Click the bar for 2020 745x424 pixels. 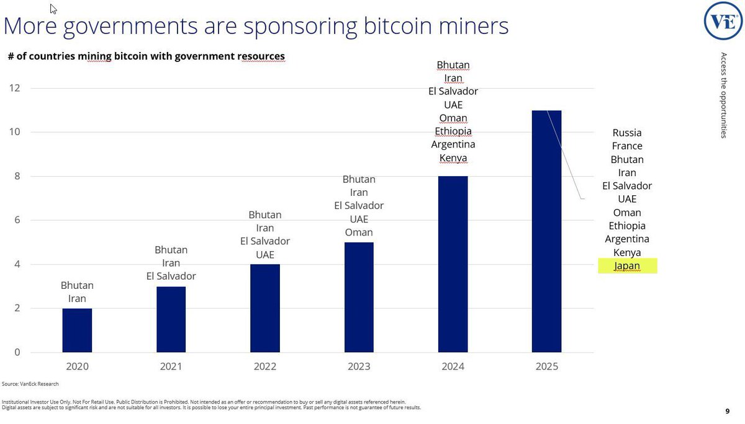click(x=77, y=330)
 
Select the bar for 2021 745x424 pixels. click(x=171, y=319)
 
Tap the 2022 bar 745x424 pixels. click(x=265, y=308)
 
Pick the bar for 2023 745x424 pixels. click(x=359, y=297)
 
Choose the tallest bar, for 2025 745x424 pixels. click(x=546, y=231)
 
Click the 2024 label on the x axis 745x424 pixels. click(x=453, y=366)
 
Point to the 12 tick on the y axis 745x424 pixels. click(x=14, y=88)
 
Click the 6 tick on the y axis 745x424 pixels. click(x=17, y=220)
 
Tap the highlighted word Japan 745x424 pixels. click(x=627, y=266)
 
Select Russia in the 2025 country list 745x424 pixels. click(x=627, y=133)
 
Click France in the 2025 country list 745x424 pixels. click(x=627, y=146)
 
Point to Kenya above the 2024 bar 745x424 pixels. click(x=453, y=158)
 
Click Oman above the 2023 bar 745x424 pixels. click(x=359, y=232)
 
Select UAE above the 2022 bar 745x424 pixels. click(x=265, y=255)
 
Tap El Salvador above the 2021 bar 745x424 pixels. click(x=171, y=276)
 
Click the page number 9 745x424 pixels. click(x=727, y=411)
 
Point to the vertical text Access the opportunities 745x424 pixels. click(x=723, y=95)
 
